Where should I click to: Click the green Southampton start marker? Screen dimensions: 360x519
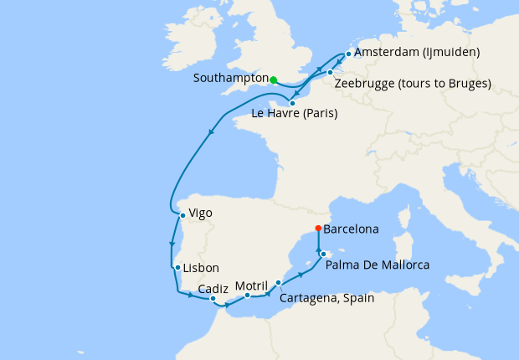click(274, 80)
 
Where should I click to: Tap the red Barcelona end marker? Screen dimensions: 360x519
click(318, 229)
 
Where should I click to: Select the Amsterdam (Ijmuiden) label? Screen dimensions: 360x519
click(417, 53)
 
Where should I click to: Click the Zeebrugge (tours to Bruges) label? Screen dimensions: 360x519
click(412, 84)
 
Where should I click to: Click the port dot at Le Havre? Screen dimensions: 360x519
click(292, 103)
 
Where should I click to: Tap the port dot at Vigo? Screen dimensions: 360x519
click(182, 214)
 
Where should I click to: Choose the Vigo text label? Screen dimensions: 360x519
click(201, 213)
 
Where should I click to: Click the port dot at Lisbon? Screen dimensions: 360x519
click(177, 268)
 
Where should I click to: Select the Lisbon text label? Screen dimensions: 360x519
click(201, 268)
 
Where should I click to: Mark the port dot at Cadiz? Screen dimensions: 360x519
click(213, 299)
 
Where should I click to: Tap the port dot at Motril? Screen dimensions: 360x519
click(248, 296)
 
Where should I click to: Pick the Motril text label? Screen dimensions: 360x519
click(251, 285)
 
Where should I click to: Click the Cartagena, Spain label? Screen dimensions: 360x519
click(327, 298)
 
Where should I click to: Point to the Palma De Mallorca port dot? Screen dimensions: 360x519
click(323, 252)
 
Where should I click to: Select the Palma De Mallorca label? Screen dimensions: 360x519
click(377, 265)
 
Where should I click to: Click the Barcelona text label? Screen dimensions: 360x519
click(352, 229)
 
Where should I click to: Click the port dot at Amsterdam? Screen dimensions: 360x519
click(348, 53)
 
